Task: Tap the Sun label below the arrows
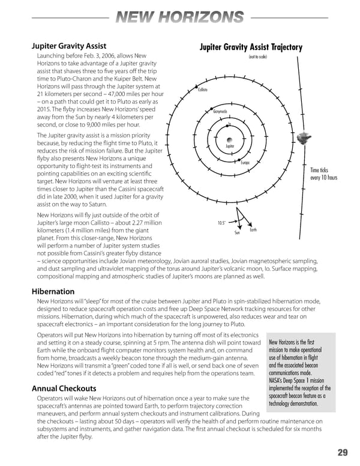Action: click(237, 233)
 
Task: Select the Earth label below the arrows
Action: click(253, 229)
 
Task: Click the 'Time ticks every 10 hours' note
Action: click(324, 174)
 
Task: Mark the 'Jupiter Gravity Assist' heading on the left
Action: click(69, 46)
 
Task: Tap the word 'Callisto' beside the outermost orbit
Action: click(203, 90)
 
